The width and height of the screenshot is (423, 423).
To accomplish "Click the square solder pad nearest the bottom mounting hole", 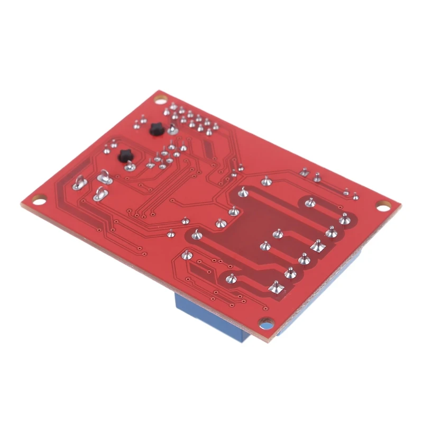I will pyautogui.click(x=274, y=288).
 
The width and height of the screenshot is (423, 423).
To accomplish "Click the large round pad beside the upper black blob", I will pyautogui.click(x=172, y=128).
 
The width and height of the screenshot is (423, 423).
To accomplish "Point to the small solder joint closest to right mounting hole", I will pyautogui.click(x=356, y=197).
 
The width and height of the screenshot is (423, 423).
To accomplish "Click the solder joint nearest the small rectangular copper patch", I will pyautogui.click(x=185, y=255).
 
